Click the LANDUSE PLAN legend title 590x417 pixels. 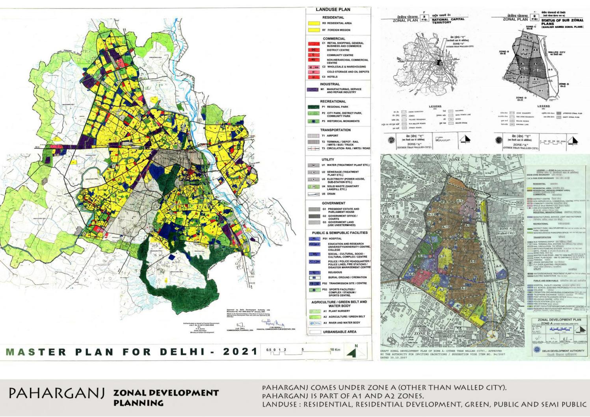[333, 9]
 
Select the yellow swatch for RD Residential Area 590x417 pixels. [314, 23]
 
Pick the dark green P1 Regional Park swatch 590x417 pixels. [314, 107]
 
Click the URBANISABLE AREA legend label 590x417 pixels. [339, 332]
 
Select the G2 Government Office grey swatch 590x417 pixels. [314, 216]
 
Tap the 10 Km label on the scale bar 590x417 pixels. [335, 350]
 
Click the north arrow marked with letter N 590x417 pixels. [352, 352]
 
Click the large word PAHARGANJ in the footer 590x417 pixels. [57, 393]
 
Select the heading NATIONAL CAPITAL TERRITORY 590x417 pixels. [448, 21]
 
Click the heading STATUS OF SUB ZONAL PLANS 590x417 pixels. [562, 22]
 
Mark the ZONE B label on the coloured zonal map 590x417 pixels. [391, 217]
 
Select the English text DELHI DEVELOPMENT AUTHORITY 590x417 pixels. [563, 350]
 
